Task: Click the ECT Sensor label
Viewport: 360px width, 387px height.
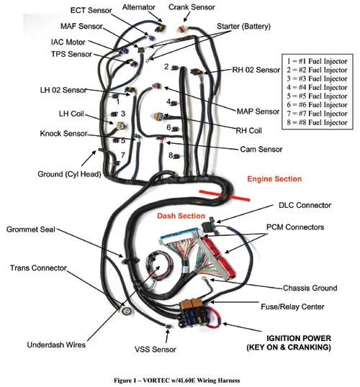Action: pyautogui.click(x=91, y=10)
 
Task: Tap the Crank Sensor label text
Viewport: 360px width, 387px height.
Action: pyautogui.click(x=192, y=7)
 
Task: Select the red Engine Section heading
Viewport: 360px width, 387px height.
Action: pyautogui.click(x=274, y=178)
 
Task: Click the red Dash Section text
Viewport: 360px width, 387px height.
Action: pyautogui.click(x=181, y=216)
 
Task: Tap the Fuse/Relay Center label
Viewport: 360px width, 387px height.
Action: pyautogui.click(x=292, y=306)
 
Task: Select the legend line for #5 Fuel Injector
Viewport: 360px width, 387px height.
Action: pyautogui.click(x=317, y=96)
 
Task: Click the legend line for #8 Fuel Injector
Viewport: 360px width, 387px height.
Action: pyautogui.click(x=317, y=122)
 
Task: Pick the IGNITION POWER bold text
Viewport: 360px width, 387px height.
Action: pyautogui.click(x=299, y=338)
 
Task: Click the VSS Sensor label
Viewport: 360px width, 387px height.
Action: pyautogui.click(x=156, y=350)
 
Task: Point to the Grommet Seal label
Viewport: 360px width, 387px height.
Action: pyautogui.click(x=31, y=229)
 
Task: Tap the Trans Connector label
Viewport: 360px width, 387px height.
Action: pyautogui.click(x=38, y=268)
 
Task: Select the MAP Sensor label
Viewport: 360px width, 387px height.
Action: pyautogui.click(x=258, y=111)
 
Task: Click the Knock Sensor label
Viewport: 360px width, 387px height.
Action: pyautogui.click(x=63, y=134)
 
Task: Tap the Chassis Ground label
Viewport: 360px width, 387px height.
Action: pyautogui.click(x=310, y=288)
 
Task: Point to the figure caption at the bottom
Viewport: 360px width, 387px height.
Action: pyautogui.click(x=177, y=380)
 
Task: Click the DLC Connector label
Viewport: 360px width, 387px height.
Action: pyautogui.click(x=305, y=205)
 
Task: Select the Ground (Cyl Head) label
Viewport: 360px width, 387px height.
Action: pyautogui.click(x=69, y=174)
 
